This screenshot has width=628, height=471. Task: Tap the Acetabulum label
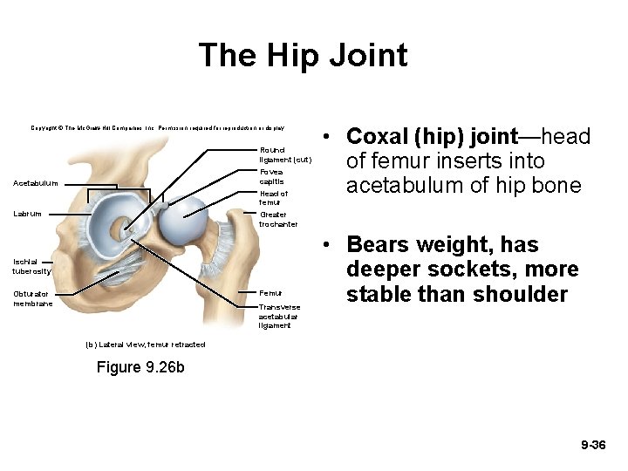36,183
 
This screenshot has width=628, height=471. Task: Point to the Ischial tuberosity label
32,266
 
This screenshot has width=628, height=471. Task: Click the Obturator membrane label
33,299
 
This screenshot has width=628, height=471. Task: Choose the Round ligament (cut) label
284,155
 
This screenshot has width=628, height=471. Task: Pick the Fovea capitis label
271,176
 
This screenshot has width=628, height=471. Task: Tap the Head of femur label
273,198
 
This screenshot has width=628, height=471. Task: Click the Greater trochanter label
278,220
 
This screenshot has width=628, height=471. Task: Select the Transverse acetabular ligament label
279,317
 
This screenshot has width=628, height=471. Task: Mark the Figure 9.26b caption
140,367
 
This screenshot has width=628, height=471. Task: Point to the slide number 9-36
592,446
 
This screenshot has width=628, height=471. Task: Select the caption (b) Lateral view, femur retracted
146,345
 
